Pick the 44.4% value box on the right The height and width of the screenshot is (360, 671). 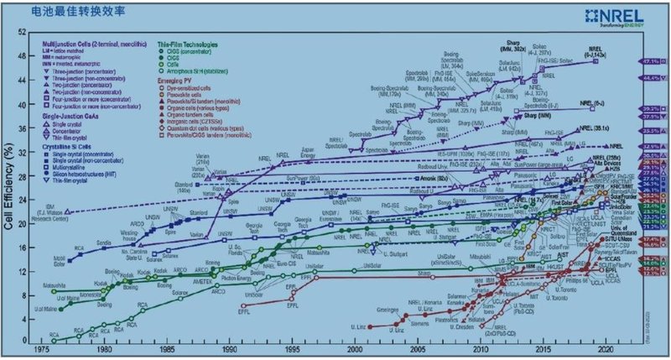pyautogui.click(x=648, y=77)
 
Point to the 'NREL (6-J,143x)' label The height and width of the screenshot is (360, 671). pyautogui.click(x=601, y=50)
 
